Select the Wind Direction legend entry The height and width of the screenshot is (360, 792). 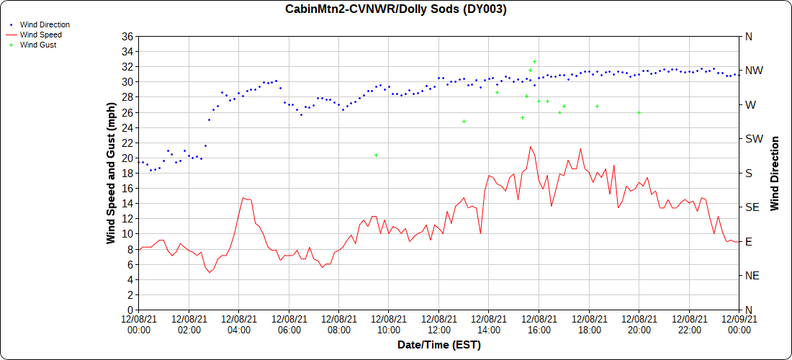(45, 24)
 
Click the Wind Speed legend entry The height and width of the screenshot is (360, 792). (40, 35)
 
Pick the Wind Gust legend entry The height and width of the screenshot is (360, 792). (38, 45)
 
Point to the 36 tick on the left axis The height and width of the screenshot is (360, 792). (127, 36)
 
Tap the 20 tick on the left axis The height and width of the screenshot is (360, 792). (127, 158)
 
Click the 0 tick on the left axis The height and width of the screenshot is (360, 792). (130, 310)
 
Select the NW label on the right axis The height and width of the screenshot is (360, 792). (752, 71)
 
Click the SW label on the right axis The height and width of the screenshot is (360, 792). (752, 139)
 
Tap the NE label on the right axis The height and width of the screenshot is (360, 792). (751, 276)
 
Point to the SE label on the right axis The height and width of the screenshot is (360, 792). (751, 207)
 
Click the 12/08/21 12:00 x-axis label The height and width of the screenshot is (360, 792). (438, 325)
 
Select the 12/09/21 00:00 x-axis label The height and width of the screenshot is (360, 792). (739, 325)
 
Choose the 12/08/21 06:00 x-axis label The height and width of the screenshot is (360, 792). (289, 325)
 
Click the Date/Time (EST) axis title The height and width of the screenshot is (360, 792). (438, 345)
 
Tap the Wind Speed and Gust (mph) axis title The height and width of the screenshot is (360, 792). (111, 173)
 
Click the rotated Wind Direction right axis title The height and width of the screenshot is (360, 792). (775, 173)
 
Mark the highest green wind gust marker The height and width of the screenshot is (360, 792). (534, 62)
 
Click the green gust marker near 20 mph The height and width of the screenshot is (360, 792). (376, 155)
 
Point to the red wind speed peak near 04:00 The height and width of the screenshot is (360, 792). (244, 197)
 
